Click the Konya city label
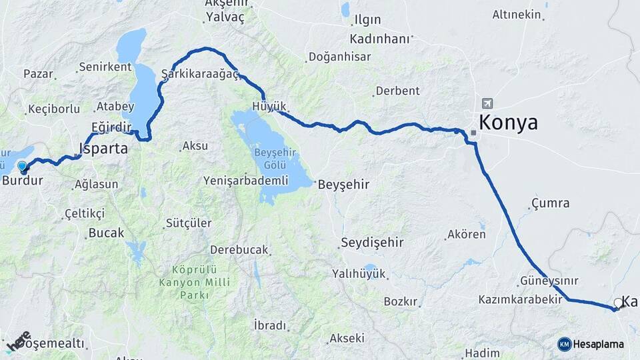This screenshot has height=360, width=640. tap(508, 123)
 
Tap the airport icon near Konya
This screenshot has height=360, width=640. tap(487, 103)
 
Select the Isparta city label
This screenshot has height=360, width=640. tap(103, 149)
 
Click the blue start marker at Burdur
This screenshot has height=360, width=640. tap(22, 167)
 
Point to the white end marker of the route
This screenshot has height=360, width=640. tap(618, 303)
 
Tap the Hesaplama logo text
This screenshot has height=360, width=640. tap(598, 344)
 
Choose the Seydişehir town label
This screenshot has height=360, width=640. tap(372, 242)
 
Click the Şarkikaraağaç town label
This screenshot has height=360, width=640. tap(200, 74)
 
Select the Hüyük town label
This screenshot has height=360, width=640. tap(269, 107)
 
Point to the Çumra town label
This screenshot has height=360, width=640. tap(551, 203)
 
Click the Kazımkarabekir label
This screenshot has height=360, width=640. tap(520, 299)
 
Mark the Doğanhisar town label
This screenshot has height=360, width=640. tap(340, 57)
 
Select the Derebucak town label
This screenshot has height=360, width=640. tap(239, 250)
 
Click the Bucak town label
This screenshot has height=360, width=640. tap(106, 233)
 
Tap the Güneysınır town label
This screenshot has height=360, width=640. tap(549, 281)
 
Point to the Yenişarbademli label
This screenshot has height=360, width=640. tap(245, 181)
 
